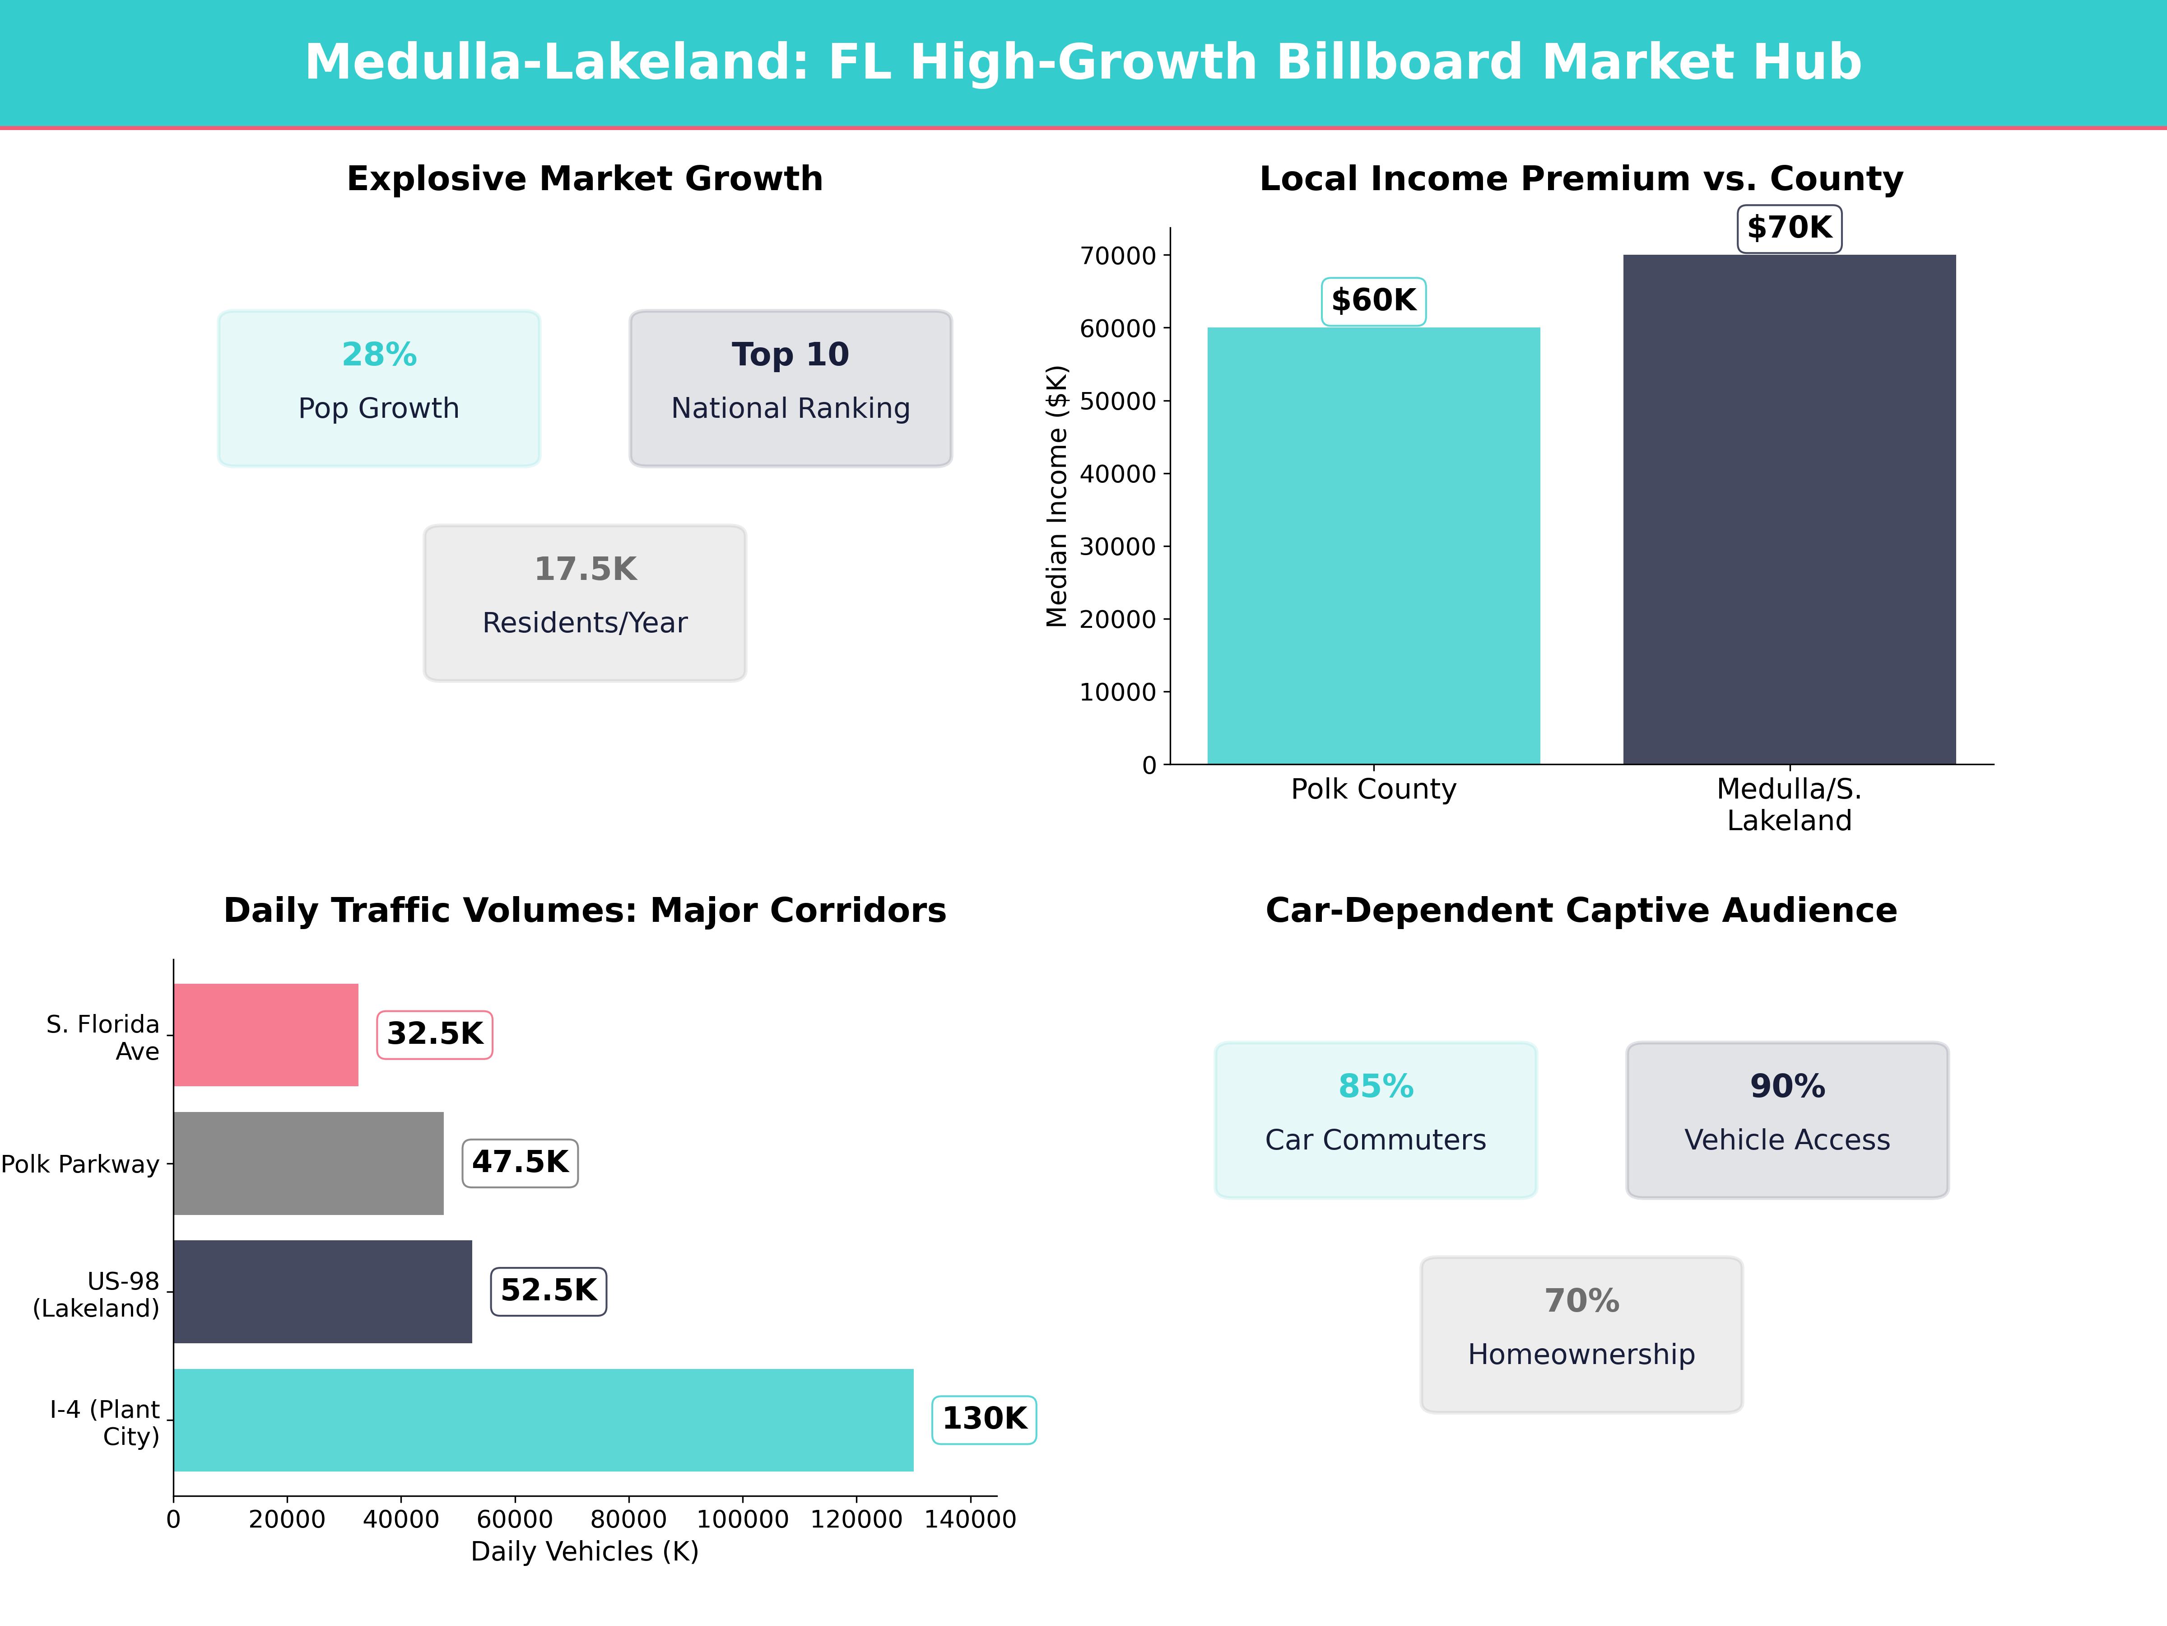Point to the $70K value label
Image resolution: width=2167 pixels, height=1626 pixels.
tap(1789, 229)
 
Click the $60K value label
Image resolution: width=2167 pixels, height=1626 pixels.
tap(1373, 301)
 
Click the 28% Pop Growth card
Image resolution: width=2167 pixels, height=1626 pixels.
tap(379, 388)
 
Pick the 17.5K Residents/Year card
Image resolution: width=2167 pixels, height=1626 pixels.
tap(585, 603)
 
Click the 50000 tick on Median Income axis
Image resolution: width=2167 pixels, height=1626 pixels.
tap(1118, 401)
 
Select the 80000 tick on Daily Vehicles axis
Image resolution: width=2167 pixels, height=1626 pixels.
tap(628, 1519)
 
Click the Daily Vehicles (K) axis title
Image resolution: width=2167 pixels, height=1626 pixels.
tap(585, 1551)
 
